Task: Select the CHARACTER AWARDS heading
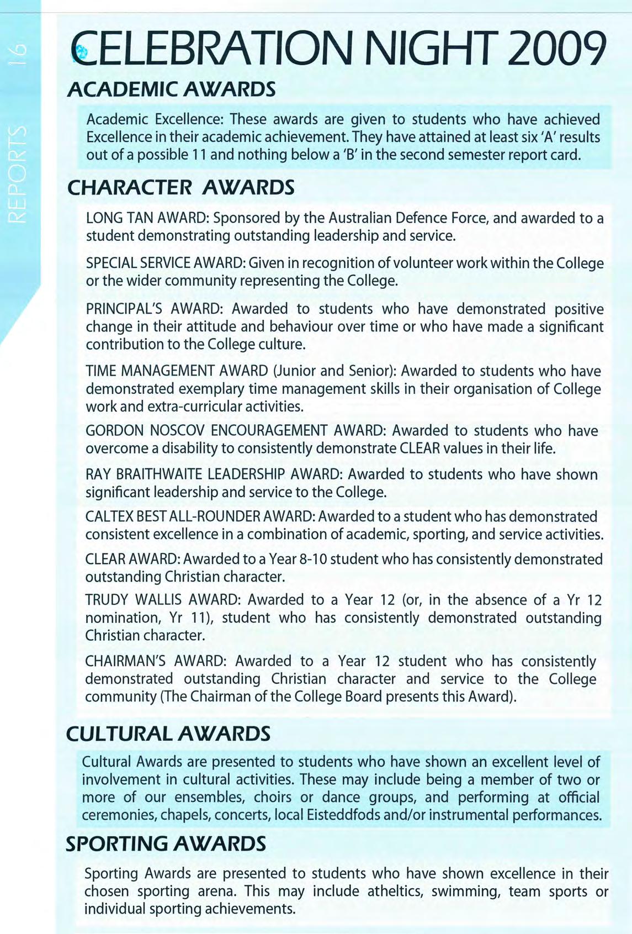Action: pyautogui.click(x=180, y=188)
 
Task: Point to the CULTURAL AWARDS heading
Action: pyautogui.click(x=168, y=734)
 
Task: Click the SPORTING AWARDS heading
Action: pyautogui.click(x=166, y=843)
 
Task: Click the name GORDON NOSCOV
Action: pyautogui.click(x=146, y=431)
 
